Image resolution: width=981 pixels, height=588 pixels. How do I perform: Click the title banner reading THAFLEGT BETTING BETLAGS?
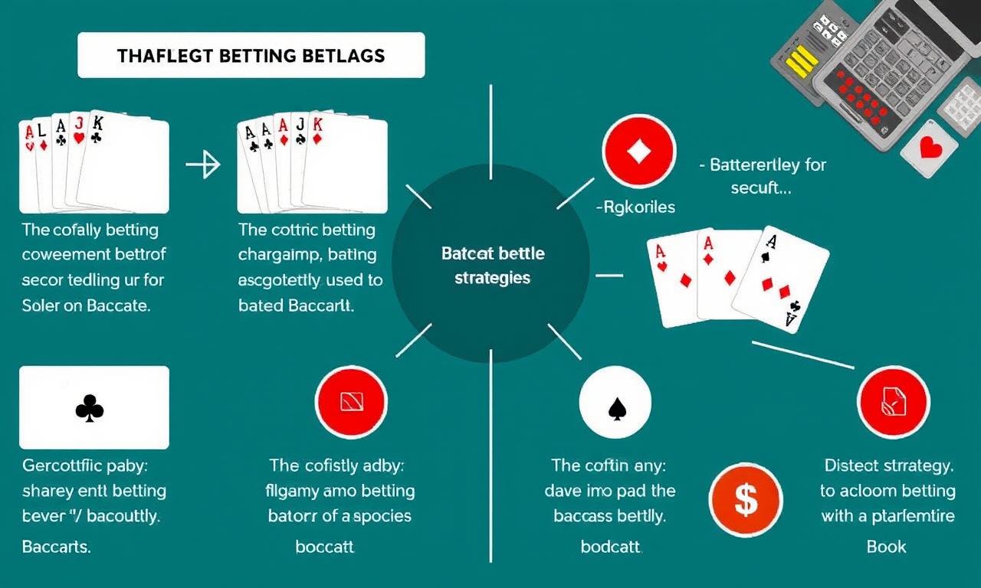[251, 56]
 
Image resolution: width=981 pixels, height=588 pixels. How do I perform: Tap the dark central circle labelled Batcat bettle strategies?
[491, 265]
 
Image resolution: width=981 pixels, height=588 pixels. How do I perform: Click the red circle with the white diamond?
[639, 152]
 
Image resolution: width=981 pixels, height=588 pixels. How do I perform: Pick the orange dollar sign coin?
[745, 501]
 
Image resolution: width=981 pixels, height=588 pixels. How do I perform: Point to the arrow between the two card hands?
[203, 164]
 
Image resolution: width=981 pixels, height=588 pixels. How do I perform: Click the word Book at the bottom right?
[886, 547]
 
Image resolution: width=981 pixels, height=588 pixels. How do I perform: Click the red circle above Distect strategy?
[893, 401]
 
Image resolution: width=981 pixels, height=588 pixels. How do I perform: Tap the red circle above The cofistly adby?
[351, 402]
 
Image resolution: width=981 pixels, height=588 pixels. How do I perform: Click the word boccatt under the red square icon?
[324, 547]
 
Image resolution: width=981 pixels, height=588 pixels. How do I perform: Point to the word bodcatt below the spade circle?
[611, 547]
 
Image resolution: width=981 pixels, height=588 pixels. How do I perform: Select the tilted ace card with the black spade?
[780, 280]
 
